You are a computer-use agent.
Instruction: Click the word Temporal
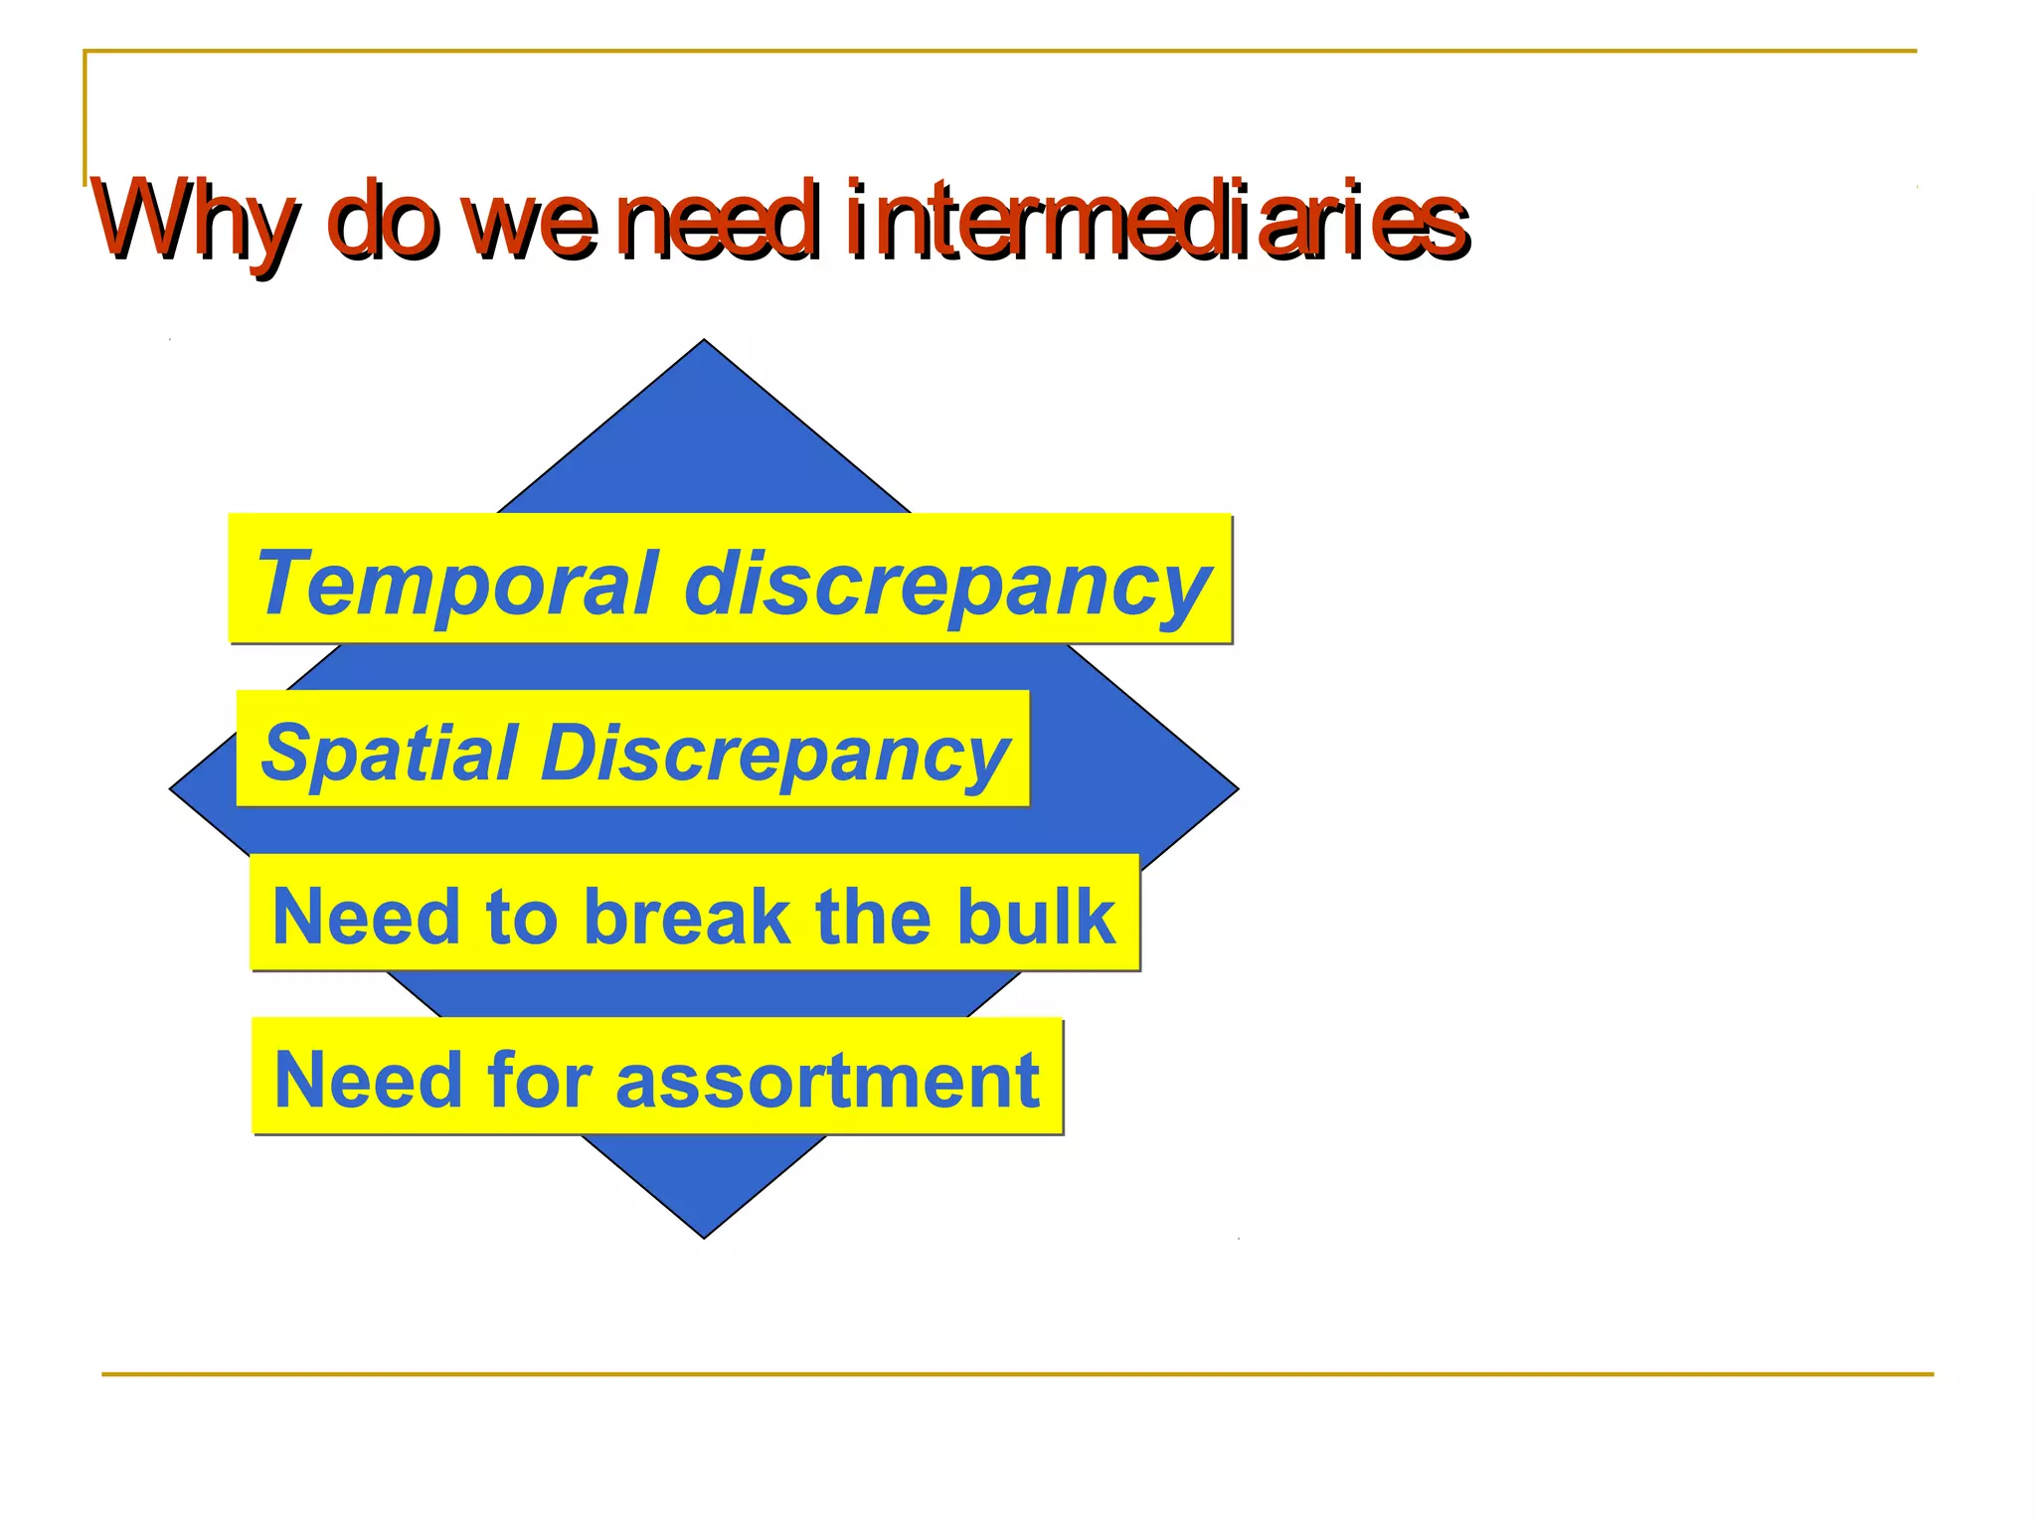coord(456,584)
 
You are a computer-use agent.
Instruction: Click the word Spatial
coord(389,753)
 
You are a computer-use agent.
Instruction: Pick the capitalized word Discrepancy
coord(775,755)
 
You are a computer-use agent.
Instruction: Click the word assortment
coord(827,1080)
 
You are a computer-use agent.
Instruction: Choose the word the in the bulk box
coord(872,916)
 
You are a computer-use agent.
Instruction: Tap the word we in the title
coord(533,225)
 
